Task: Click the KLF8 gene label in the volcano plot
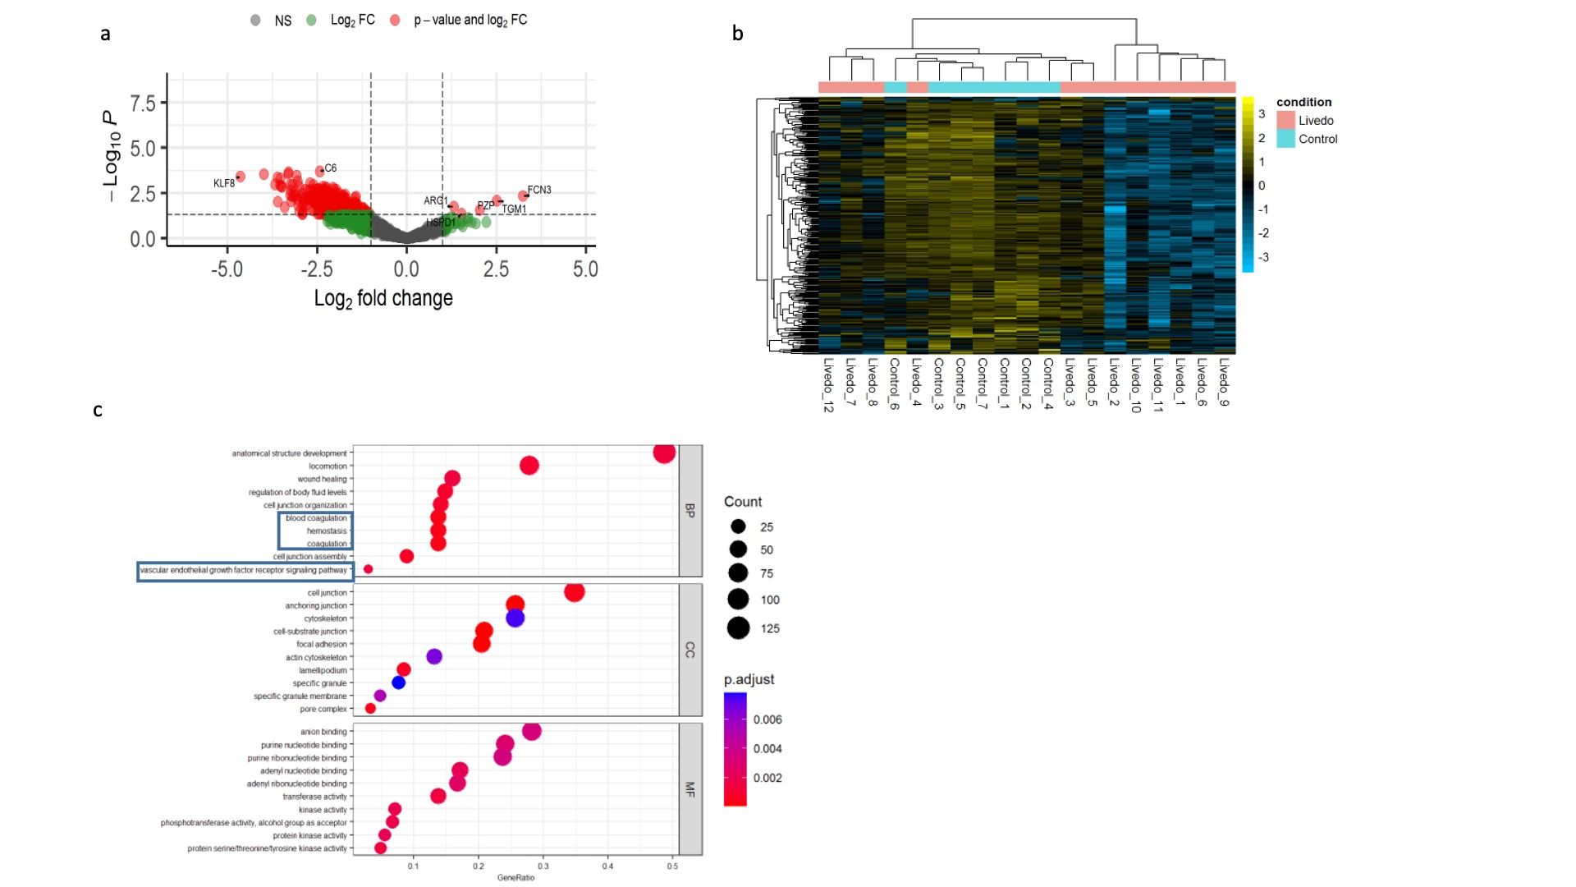(x=223, y=183)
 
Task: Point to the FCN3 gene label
(x=539, y=190)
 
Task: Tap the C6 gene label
(x=331, y=168)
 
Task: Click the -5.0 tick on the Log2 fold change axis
(x=227, y=269)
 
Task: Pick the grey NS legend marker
(x=256, y=21)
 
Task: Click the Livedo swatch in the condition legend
(x=1285, y=120)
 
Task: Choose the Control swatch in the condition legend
(x=1285, y=139)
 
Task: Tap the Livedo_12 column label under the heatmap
(x=828, y=384)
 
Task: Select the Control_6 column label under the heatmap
(x=895, y=383)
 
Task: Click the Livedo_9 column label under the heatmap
(x=1224, y=381)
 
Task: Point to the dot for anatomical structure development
(x=664, y=453)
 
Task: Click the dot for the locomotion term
(x=529, y=466)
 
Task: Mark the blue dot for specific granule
(x=399, y=682)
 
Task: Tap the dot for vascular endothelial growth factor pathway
(x=369, y=569)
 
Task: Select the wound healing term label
(x=322, y=479)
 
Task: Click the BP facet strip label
(x=690, y=510)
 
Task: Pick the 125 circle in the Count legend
(x=739, y=628)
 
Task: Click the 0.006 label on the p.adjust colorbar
(x=767, y=719)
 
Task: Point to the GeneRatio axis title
(x=515, y=878)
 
